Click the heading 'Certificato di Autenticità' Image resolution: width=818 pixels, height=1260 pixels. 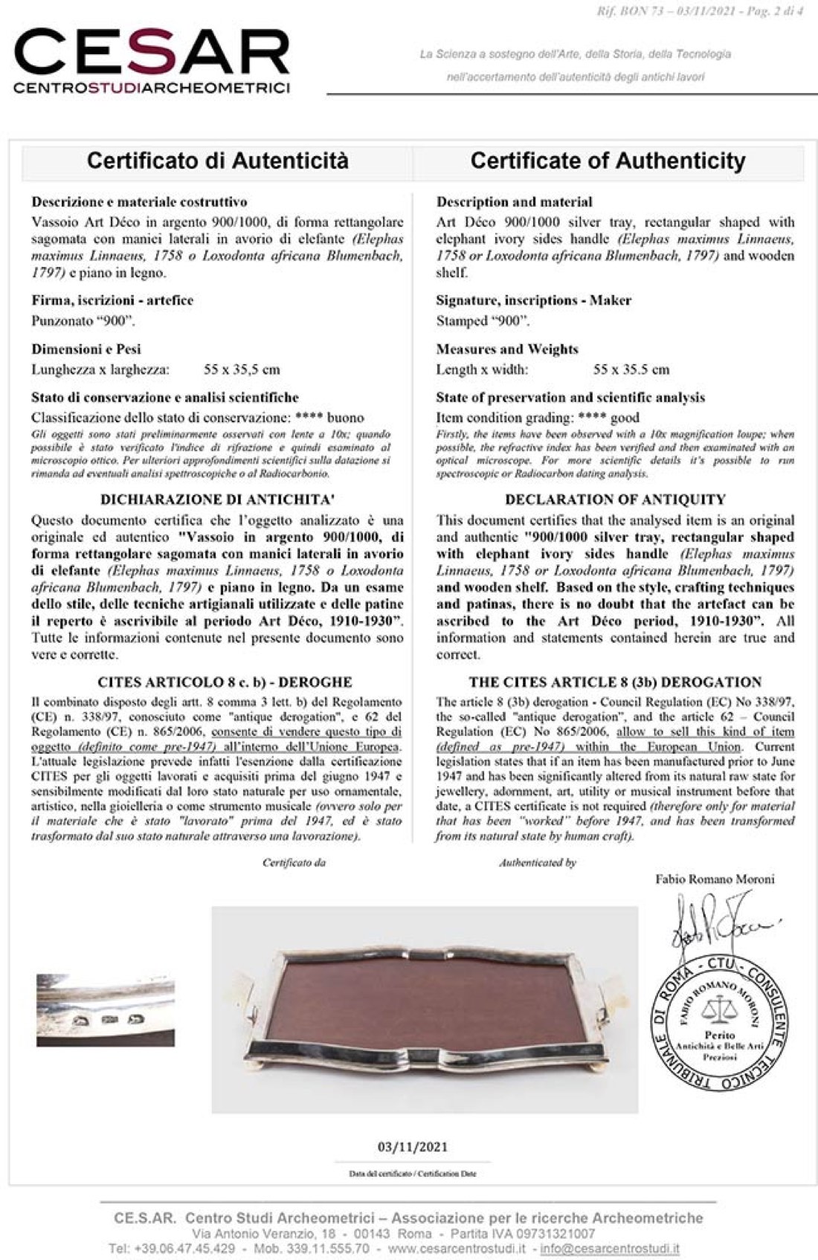(x=217, y=161)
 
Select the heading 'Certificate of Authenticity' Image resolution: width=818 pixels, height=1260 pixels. (x=608, y=161)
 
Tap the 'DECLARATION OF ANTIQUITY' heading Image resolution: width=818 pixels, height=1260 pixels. (x=615, y=500)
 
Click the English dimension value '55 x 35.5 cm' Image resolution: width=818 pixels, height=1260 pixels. (x=631, y=369)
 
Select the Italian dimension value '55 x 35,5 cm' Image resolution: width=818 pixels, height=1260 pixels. (x=242, y=369)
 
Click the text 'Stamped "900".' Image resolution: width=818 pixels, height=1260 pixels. (x=483, y=321)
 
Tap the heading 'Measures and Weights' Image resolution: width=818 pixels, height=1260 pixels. (x=506, y=349)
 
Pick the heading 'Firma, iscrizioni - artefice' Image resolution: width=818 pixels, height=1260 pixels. (x=112, y=300)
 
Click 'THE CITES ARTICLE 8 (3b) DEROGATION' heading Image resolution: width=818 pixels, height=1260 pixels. (x=615, y=682)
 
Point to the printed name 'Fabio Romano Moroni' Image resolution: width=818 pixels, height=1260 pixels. (x=715, y=879)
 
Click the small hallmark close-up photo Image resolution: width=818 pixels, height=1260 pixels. (x=106, y=1009)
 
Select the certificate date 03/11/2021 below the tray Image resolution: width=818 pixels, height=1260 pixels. (x=413, y=1146)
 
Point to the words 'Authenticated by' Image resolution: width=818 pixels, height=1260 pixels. (x=538, y=863)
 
